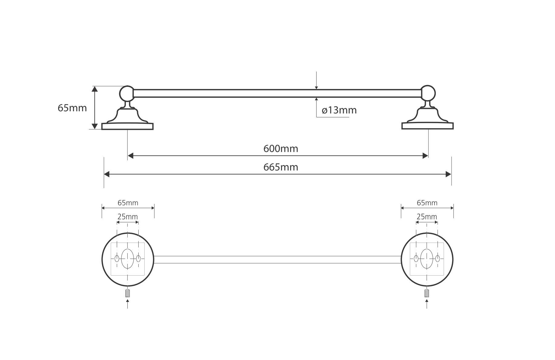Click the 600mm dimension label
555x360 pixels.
click(x=281, y=149)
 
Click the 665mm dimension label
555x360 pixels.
click(x=281, y=167)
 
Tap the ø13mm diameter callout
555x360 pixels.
click(x=339, y=110)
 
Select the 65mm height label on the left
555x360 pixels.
click(x=72, y=108)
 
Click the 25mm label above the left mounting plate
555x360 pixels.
click(x=127, y=217)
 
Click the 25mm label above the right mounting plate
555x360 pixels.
click(x=427, y=217)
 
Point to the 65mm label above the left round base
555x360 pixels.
click(x=128, y=203)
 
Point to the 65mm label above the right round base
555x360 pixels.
click(x=427, y=203)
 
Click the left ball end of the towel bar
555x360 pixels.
click(x=127, y=93)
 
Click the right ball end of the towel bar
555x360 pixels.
click(x=428, y=93)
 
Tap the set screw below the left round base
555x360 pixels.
click(x=127, y=293)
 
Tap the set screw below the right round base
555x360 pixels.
click(x=427, y=293)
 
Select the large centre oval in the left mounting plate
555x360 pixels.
click(x=127, y=259)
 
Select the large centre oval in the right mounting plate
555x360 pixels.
click(x=427, y=259)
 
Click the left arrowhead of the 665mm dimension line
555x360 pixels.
click(x=107, y=174)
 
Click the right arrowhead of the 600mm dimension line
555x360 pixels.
click(x=425, y=156)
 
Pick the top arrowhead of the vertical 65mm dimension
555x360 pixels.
click(x=95, y=89)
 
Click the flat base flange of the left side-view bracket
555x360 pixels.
click(x=127, y=126)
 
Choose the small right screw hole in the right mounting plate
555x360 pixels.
click(x=438, y=259)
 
